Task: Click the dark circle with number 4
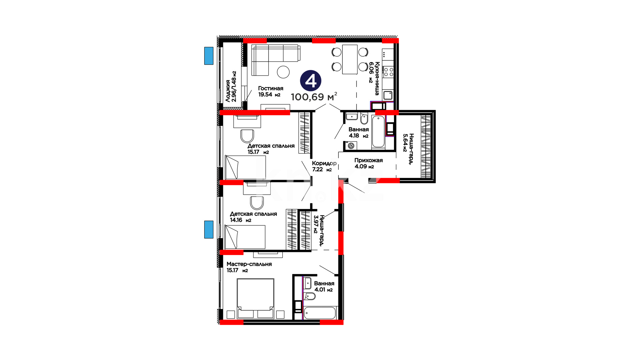click(311, 81)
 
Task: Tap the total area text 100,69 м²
click(314, 97)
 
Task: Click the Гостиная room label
click(271, 88)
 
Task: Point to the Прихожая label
click(368, 160)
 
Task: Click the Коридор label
click(324, 163)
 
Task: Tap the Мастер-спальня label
click(249, 264)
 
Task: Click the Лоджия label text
click(228, 91)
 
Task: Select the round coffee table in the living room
click(283, 72)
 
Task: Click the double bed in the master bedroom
click(255, 298)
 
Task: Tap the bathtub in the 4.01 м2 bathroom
click(320, 313)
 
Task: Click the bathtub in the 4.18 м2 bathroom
click(378, 131)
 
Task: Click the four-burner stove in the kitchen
click(388, 72)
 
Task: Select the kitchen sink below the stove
click(388, 95)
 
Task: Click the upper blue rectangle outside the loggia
click(209, 56)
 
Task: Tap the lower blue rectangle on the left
click(209, 229)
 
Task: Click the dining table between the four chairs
click(350, 59)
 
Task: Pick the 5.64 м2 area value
click(405, 143)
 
